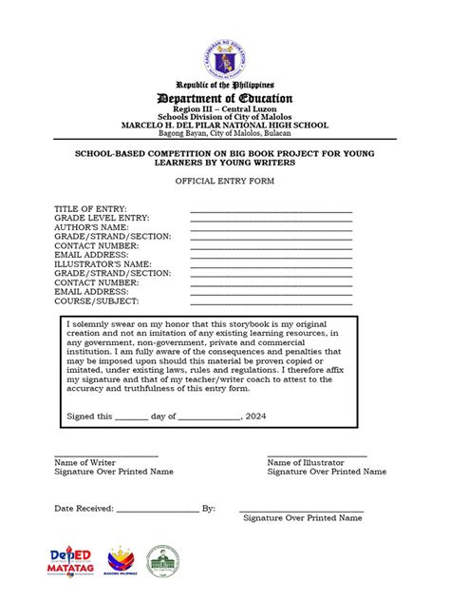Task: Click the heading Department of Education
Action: tap(225, 99)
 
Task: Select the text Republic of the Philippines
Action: tap(225, 85)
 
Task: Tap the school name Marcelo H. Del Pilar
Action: tap(225, 126)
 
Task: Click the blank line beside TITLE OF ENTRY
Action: tap(272, 210)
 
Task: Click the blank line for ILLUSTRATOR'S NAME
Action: tap(272, 263)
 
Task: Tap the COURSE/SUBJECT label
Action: tap(97, 300)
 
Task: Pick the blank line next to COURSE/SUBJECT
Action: tap(272, 300)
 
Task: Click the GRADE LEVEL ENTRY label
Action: tap(103, 218)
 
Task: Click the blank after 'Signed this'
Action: tap(132, 417)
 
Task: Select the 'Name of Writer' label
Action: tap(85, 462)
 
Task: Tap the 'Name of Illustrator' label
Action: tap(306, 462)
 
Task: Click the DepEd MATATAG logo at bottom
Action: tap(69, 561)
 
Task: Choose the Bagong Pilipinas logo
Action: tap(122, 561)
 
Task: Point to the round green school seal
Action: tap(162, 561)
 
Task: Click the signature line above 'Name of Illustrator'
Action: tap(317, 456)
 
